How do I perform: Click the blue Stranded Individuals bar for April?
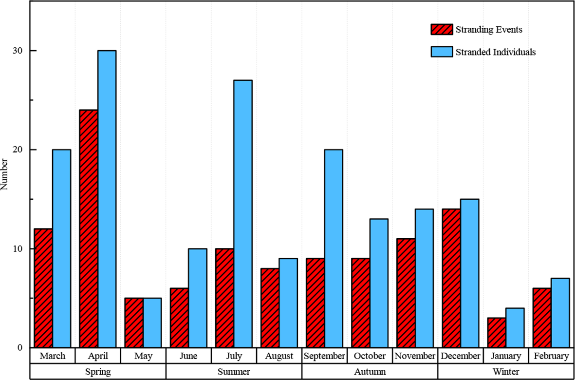coord(107,199)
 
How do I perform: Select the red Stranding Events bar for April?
coord(89,228)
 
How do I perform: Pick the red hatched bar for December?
coord(451,278)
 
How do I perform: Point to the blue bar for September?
coord(334,248)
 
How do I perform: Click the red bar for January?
coord(497,333)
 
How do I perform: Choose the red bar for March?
coord(43,288)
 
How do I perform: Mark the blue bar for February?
coord(560,313)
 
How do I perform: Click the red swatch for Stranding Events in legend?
coord(442,30)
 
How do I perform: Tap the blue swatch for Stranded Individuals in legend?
coord(442,52)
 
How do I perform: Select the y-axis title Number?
coord(4,174)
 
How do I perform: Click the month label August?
coord(279,356)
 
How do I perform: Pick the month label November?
coord(415,356)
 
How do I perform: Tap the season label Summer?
coord(234,372)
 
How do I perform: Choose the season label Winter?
coord(506,372)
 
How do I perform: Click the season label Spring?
coord(98,372)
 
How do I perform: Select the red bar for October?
coord(361,303)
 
